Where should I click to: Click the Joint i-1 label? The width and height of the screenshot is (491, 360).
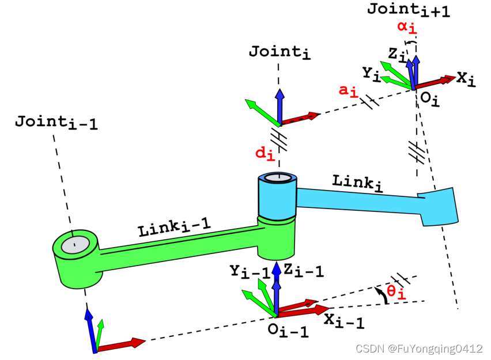56,122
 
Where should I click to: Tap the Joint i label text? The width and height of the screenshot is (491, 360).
280,52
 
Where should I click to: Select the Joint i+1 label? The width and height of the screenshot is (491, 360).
400,10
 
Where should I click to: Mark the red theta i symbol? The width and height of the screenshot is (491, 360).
397,293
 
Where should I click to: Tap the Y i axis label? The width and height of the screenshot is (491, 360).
371,74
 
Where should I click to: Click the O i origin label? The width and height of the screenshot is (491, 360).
429,99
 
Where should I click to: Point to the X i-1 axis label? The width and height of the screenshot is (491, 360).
344,321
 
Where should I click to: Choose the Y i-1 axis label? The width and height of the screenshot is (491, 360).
250,271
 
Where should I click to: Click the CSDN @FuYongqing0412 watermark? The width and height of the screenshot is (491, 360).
419,348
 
